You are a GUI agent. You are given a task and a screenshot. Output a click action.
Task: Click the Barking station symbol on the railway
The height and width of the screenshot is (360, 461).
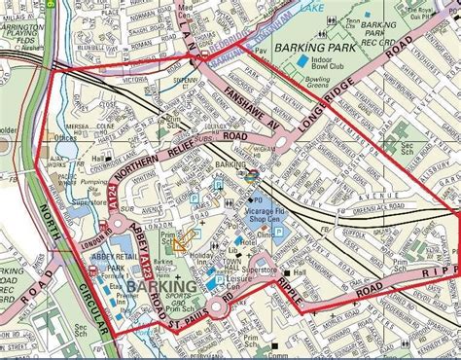[x=250, y=176]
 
